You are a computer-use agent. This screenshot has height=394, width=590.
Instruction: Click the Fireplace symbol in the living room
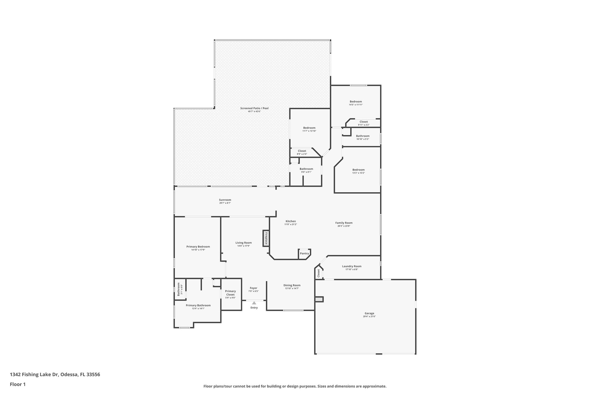pyautogui.click(x=266, y=238)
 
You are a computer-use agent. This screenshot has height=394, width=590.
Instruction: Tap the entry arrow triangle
pyautogui.click(x=254, y=303)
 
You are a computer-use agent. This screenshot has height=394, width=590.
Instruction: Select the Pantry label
pyautogui.click(x=304, y=253)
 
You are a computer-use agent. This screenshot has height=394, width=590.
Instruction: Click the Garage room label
pyautogui.click(x=369, y=313)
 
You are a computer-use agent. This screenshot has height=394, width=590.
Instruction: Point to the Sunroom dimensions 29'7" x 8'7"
pyautogui.click(x=225, y=203)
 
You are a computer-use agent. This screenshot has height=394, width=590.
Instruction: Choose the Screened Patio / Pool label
pyautogui.click(x=254, y=108)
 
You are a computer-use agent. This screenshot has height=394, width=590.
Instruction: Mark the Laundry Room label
pyautogui.click(x=351, y=266)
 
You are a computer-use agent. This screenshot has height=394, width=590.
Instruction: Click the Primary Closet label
pyautogui.click(x=230, y=293)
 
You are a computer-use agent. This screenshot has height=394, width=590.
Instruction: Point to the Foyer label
pyautogui.click(x=254, y=288)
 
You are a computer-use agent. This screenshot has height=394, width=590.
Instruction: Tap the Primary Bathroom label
pyautogui.click(x=198, y=305)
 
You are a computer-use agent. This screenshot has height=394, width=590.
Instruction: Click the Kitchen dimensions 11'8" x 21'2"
pyautogui.click(x=291, y=224)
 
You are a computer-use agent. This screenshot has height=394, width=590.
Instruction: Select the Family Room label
pyautogui.click(x=344, y=223)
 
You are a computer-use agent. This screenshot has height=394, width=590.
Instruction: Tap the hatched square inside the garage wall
pyautogui.click(x=319, y=299)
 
